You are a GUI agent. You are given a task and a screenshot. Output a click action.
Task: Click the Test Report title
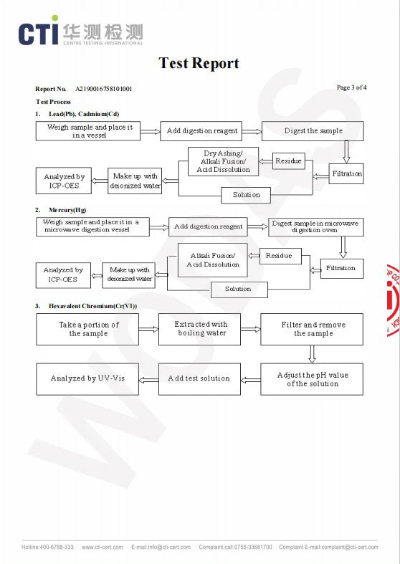(199, 63)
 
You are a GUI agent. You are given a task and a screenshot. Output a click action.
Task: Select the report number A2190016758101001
(104, 89)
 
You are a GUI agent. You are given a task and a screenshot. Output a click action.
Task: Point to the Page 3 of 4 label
(351, 87)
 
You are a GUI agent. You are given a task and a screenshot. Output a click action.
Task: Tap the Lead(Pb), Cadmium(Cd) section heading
(84, 114)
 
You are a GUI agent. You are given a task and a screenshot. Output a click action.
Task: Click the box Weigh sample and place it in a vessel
(88, 131)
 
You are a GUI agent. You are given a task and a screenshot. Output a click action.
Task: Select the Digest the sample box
(313, 131)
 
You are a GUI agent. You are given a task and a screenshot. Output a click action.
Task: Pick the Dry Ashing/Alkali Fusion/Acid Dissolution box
(224, 161)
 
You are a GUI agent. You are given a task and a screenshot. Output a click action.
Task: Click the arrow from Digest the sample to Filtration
(346, 152)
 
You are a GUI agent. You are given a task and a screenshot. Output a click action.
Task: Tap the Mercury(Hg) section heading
(67, 210)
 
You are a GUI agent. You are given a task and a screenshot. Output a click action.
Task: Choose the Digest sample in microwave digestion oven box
(316, 227)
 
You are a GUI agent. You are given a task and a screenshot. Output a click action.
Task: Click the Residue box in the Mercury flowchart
(280, 256)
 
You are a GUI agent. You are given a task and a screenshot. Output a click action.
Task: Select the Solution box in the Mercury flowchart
(239, 290)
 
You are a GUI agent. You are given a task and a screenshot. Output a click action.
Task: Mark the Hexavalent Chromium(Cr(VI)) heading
(92, 306)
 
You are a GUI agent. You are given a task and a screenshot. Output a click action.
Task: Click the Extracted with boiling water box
(199, 329)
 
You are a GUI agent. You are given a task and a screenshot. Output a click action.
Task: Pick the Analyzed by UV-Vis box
(87, 379)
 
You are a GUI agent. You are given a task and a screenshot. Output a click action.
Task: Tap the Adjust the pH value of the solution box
(312, 379)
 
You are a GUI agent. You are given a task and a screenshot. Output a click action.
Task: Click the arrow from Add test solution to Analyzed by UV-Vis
(148, 381)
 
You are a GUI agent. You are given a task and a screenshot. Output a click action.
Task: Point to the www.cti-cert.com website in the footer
(103, 547)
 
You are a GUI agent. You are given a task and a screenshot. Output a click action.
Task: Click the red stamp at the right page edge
(393, 301)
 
